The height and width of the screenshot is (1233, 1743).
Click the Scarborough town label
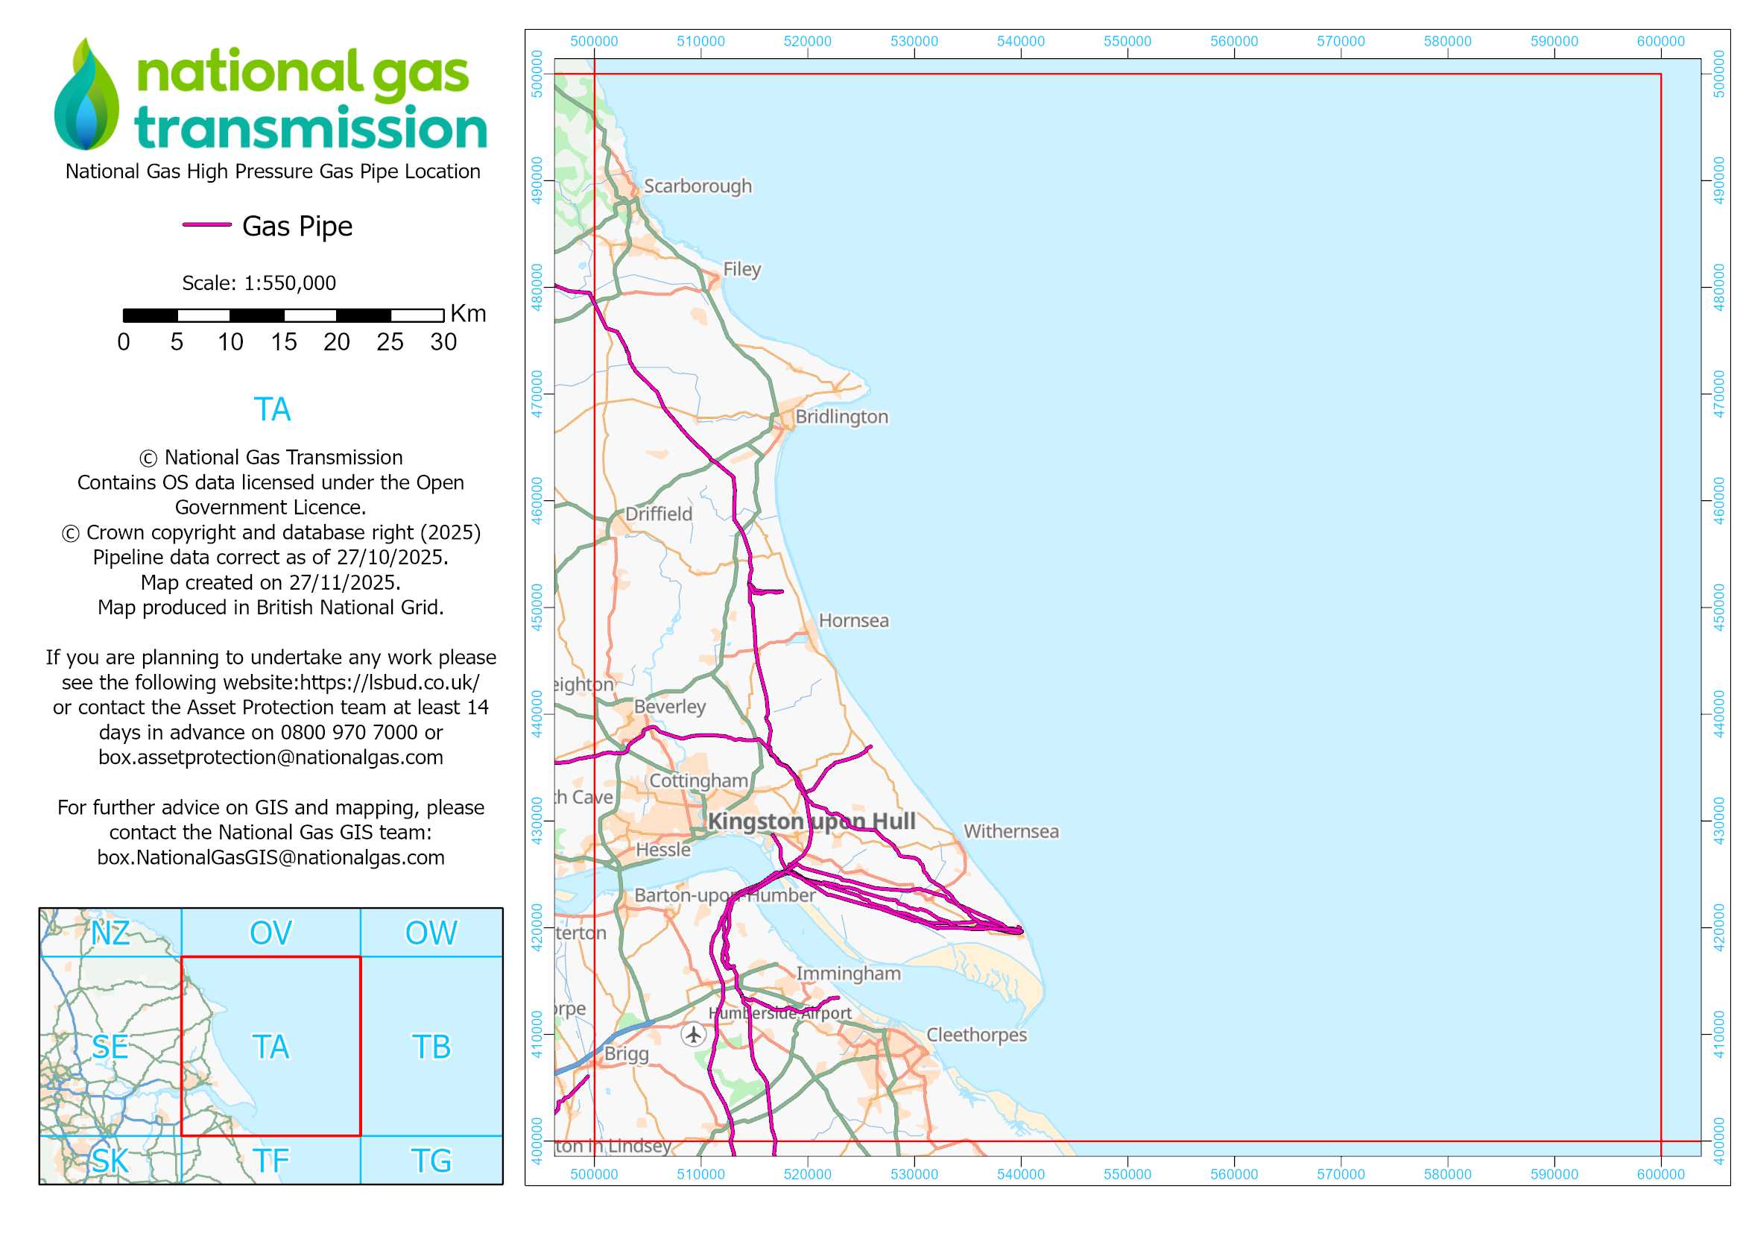697,186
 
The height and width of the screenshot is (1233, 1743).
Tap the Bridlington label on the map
841,417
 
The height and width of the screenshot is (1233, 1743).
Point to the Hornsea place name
853,620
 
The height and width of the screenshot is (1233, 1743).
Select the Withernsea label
1010,831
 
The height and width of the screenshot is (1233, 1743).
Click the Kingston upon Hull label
811,822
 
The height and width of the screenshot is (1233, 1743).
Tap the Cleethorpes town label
976,1035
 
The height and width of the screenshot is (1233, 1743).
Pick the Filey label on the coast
741,270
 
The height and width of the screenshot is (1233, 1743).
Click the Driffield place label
658,514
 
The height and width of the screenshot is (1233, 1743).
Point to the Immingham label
848,974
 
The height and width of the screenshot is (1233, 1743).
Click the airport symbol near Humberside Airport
693,1034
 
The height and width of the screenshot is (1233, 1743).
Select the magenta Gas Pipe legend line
206,224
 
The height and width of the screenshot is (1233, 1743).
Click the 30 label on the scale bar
443,342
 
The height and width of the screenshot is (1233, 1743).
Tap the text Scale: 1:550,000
259,283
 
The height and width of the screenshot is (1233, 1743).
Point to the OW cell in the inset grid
431,933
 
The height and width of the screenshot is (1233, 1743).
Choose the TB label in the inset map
431,1047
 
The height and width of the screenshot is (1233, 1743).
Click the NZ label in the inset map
110,933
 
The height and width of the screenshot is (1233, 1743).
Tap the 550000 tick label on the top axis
1127,42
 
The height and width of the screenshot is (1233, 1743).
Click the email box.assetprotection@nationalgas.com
271,757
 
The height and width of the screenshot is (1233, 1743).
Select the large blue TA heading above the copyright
272,409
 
